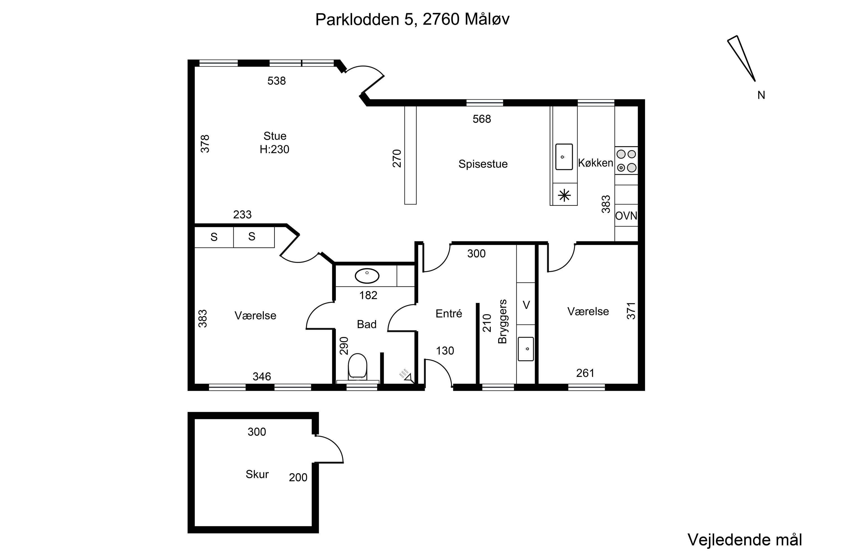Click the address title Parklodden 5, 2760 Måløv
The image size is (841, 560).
pos(412,19)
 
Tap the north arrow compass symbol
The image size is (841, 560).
pos(741,59)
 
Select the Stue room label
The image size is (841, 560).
pos(275,136)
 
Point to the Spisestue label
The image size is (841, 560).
pos(483,164)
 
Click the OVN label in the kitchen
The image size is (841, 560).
pos(626,216)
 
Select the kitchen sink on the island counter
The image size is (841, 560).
pos(564,157)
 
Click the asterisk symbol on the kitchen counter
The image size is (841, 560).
pos(564,195)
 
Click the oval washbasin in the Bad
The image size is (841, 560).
pos(367,276)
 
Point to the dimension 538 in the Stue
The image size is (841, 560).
pos(276,81)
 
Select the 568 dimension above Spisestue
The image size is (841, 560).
pos(482,119)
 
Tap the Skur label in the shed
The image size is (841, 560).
pos(257,474)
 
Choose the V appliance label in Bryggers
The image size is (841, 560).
pos(526,305)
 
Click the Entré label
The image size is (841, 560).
pos(449,314)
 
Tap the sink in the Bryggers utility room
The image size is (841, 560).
pos(526,349)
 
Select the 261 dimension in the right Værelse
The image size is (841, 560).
pos(585,373)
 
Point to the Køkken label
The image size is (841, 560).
pos(595,163)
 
